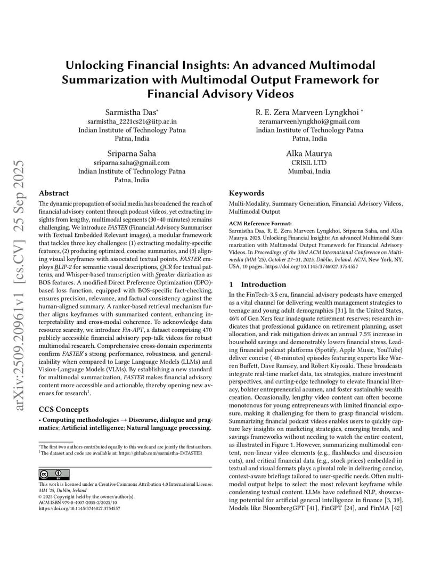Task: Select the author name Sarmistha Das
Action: [132, 112]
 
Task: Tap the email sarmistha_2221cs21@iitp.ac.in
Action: [132, 121]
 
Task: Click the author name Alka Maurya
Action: [309, 153]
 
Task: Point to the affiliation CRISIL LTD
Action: [309, 162]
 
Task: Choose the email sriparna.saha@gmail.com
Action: [132, 162]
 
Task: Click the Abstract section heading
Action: [54, 193]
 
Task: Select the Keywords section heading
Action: [246, 193]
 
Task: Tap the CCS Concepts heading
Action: [64, 409]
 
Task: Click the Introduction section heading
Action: [263, 284]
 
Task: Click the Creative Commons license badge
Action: [54, 474]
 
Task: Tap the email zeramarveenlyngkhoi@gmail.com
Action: [309, 121]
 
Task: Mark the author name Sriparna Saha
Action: [132, 153]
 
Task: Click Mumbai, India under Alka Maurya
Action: [309, 172]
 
